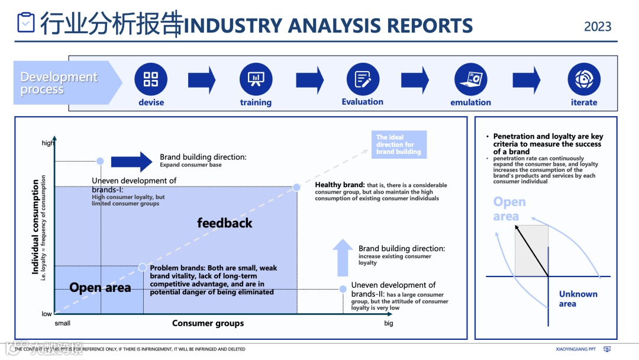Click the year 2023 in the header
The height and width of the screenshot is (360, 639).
[x=598, y=27]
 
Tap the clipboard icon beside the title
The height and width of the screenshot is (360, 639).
[x=26, y=22]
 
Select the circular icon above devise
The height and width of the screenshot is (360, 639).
[x=151, y=79]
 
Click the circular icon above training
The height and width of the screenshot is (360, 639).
[x=256, y=79]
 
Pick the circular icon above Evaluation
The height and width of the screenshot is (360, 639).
[x=362, y=79]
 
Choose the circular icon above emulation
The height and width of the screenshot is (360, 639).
[x=470, y=79]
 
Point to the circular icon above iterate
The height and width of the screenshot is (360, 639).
[x=584, y=79]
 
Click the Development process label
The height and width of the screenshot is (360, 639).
[x=59, y=83]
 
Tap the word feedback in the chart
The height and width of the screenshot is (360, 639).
[x=225, y=223]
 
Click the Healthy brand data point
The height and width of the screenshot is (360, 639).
[x=297, y=188]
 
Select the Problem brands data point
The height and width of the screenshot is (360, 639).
[x=143, y=267]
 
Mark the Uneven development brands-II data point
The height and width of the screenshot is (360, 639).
[x=343, y=289]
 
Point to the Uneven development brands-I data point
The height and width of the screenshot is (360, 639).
[x=101, y=161]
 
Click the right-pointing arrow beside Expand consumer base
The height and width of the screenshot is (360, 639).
[x=132, y=161]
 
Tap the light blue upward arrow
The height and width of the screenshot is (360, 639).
[x=343, y=257]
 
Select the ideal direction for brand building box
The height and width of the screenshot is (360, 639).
[x=399, y=144]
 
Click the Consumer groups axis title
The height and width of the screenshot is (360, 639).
[x=208, y=323]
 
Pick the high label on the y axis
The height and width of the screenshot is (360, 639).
[x=47, y=143]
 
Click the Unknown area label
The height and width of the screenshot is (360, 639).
[x=577, y=299]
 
